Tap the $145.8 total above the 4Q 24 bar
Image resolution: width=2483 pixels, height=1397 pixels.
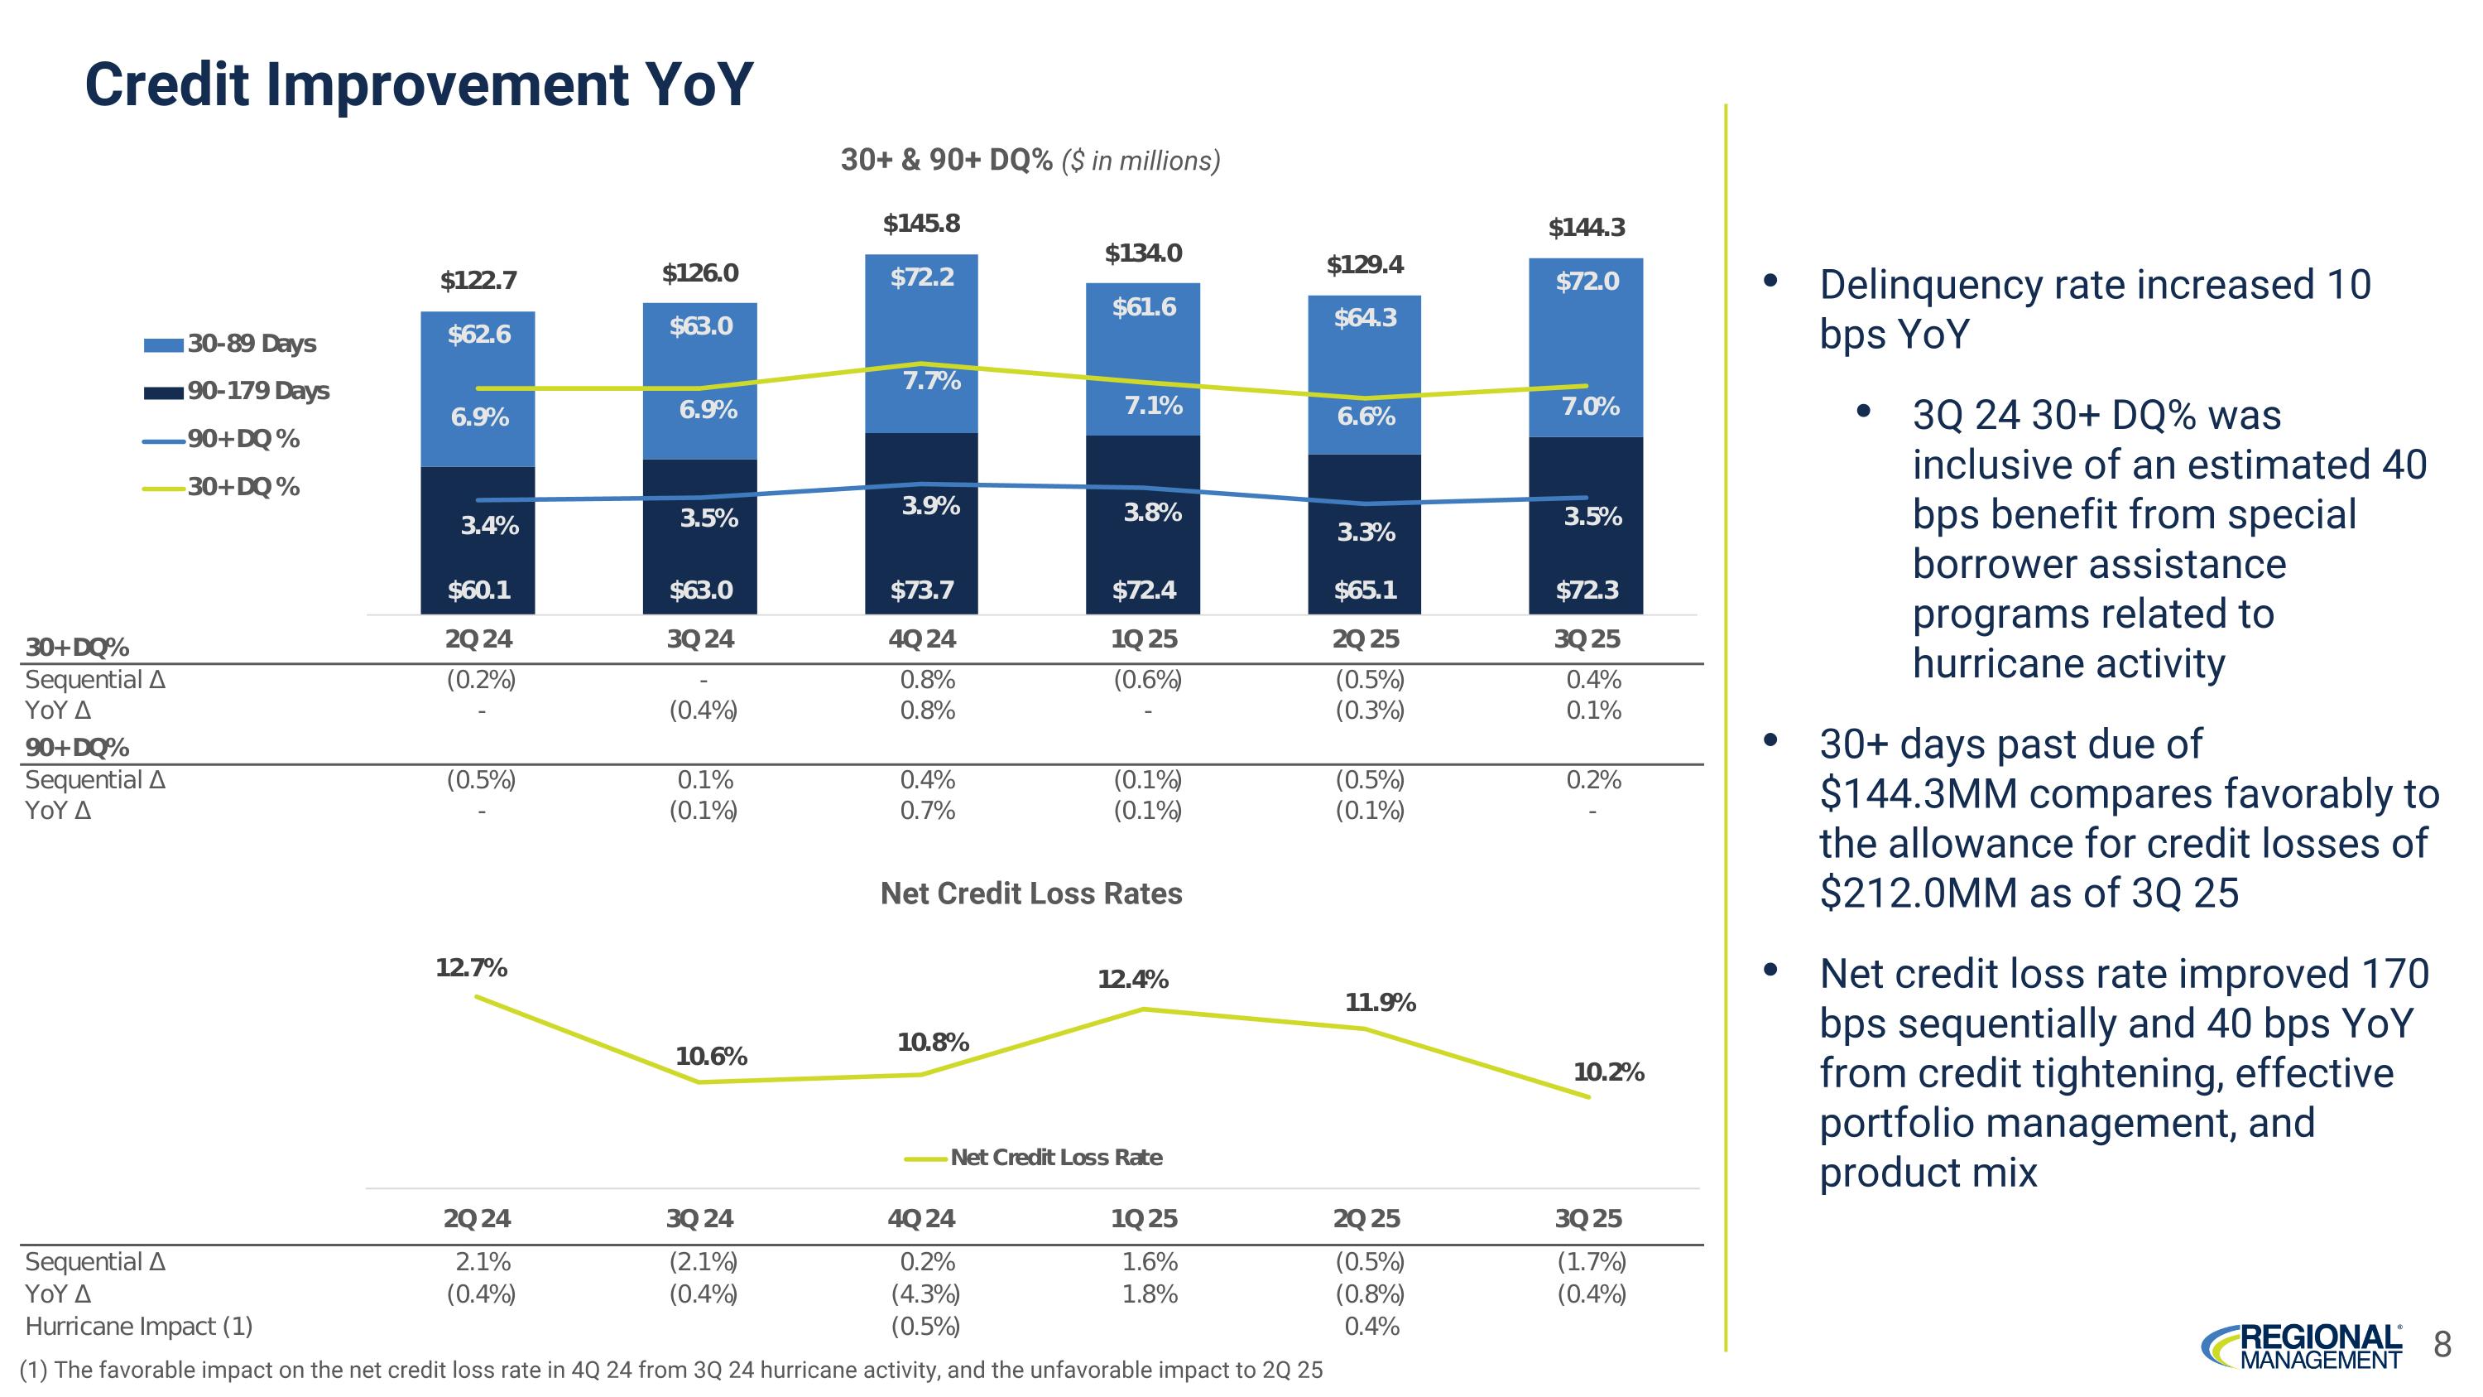[921, 224]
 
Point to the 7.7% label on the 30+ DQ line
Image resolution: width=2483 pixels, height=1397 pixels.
[931, 382]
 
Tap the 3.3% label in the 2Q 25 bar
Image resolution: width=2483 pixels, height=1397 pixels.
[1366, 532]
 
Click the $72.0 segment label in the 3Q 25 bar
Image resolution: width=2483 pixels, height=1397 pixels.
[1587, 282]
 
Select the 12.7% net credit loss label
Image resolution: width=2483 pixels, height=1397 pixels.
[471, 968]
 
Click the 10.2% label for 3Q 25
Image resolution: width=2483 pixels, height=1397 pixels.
[1609, 1072]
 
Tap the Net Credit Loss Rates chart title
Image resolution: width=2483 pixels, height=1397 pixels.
[1030, 894]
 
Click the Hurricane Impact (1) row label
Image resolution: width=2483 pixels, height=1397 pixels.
[139, 1327]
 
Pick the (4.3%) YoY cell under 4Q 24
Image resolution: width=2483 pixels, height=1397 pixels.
[925, 1293]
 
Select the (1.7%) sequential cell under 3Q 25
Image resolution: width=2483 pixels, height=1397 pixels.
[1592, 1262]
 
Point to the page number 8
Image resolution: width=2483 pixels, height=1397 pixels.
[2442, 1344]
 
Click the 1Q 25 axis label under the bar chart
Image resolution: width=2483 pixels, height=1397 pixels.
[1144, 639]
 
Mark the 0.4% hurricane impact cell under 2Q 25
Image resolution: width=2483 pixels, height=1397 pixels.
[1371, 1327]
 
